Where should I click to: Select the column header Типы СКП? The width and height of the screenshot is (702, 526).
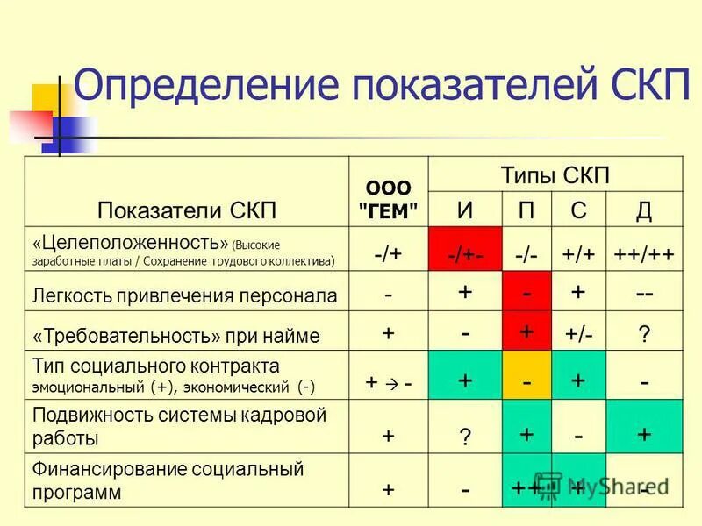tap(555, 174)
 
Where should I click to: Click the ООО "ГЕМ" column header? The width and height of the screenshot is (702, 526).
tap(389, 198)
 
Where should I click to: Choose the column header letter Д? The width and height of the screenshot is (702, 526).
tap(643, 210)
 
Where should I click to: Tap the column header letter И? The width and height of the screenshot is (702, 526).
tap(464, 210)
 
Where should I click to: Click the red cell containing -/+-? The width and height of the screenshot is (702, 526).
tap(464, 253)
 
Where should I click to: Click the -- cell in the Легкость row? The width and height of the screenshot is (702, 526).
tap(643, 294)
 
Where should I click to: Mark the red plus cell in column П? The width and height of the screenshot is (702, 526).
tap(526, 333)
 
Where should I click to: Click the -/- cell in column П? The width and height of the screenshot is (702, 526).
tap(526, 253)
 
